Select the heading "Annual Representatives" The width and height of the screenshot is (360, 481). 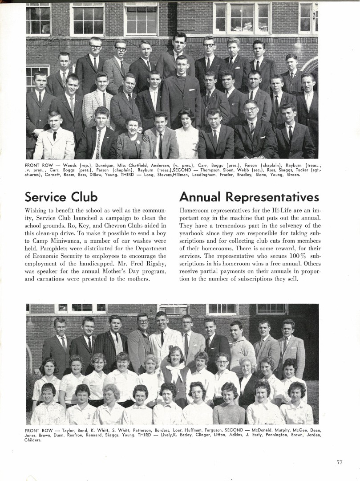coord(249,197)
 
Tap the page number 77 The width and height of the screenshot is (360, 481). coord(339,462)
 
